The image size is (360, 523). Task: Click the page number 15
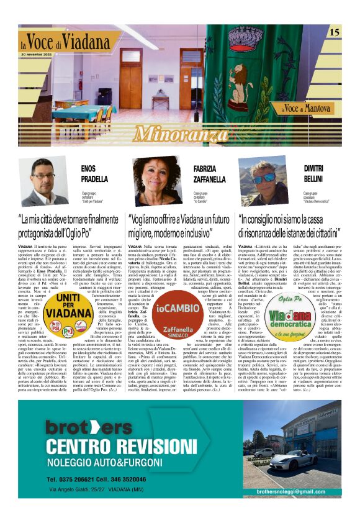333,32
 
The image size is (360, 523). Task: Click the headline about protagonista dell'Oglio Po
68,226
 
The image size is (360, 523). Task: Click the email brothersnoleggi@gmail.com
299,492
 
